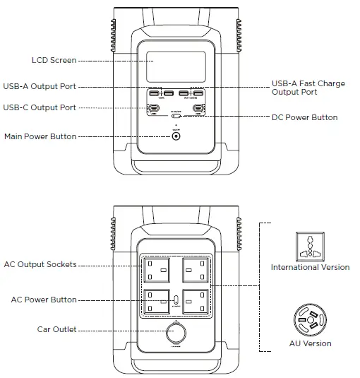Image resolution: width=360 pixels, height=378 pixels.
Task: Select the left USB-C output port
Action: click(153, 108)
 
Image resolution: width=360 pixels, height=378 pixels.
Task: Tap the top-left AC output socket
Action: click(156, 268)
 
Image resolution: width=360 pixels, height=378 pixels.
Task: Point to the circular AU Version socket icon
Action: click(309, 322)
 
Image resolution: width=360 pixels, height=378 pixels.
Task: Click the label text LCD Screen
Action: click(54, 60)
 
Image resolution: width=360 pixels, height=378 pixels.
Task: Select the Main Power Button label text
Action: click(40, 136)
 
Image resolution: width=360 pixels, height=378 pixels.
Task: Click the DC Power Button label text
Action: click(304, 117)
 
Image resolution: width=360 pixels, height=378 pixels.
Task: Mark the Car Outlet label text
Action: click(56, 329)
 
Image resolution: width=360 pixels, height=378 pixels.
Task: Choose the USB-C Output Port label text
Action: click(40, 107)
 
